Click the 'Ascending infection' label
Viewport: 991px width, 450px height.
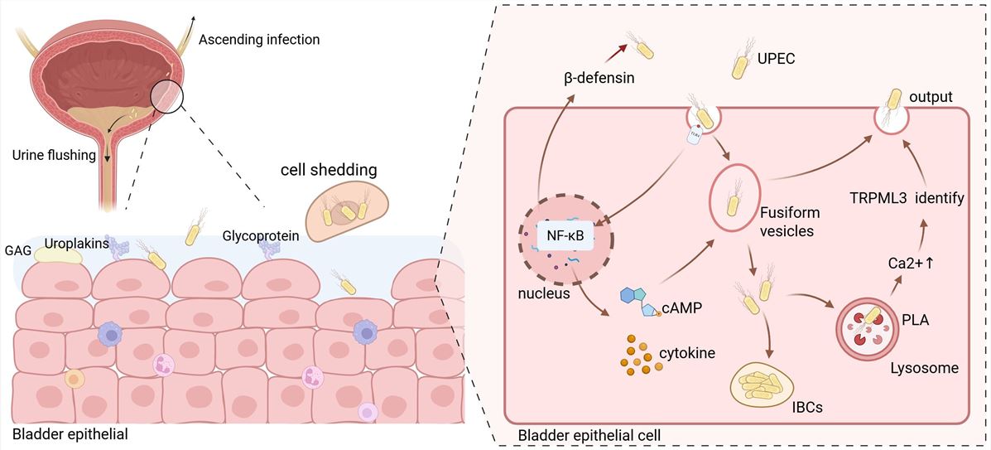pyautogui.click(x=258, y=39)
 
